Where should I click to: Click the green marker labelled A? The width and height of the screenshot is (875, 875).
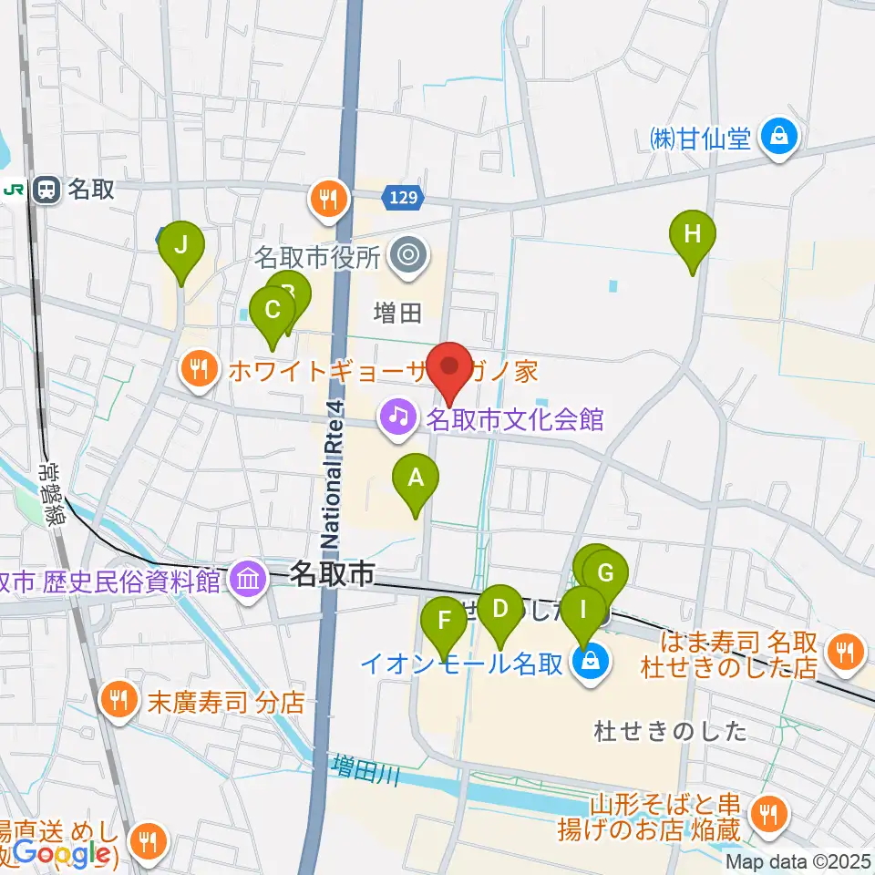pyautogui.click(x=416, y=479)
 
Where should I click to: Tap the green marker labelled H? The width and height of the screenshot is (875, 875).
pyautogui.click(x=693, y=235)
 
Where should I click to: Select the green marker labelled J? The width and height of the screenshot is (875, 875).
pyautogui.click(x=181, y=246)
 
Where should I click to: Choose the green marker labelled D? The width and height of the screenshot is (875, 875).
pyautogui.click(x=499, y=610)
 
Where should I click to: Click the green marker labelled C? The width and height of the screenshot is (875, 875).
pyautogui.click(x=272, y=311)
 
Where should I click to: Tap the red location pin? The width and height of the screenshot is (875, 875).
pyautogui.click(x=450, y=367)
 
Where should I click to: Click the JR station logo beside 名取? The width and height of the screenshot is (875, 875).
pyautogui.click(x=15, y=190)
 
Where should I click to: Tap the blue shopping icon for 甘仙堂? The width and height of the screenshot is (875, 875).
pyautogui.click(x=779, y=139)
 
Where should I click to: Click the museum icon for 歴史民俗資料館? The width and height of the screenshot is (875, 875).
pyautogui.click(x=248, y=578)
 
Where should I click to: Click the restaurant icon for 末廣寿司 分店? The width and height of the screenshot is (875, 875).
pyautogui.click(x=118, y=702)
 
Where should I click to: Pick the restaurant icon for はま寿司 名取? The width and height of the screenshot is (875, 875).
pyautogui.click(x=845, y=651)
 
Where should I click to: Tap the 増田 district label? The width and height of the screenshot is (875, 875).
pyautogui.click(x=398, y=314)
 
